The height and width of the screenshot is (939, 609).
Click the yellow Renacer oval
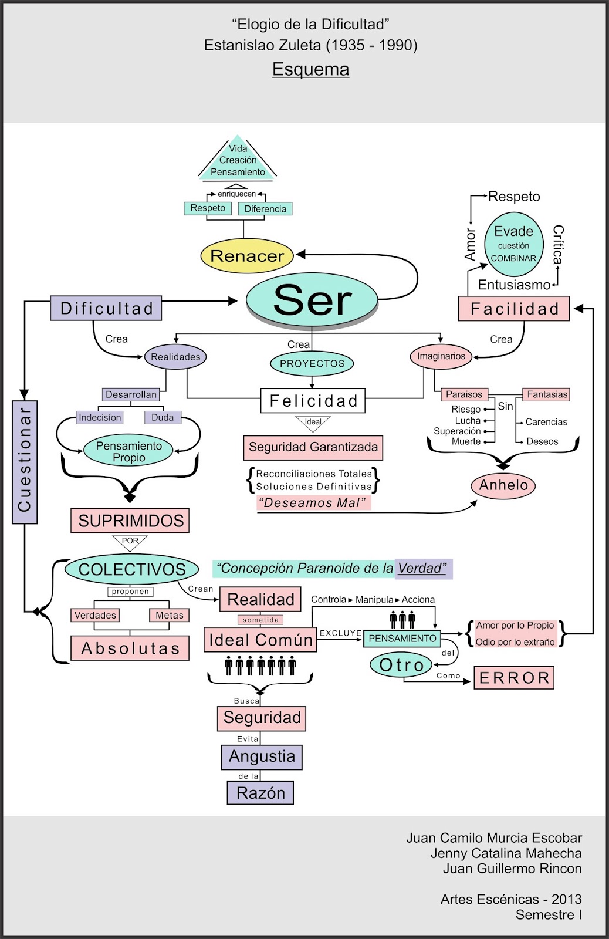[x=247, y=256]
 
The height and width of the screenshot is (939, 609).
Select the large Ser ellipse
[x=312, y=299]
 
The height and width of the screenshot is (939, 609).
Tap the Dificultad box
[x=106, y=308]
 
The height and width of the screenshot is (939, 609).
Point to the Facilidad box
[x=514, y=309]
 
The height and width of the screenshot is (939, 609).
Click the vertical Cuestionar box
[x=25, y=462]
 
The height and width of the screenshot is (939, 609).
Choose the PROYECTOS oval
[x=312, y=363]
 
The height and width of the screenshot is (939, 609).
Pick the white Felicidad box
[x=313, y=400]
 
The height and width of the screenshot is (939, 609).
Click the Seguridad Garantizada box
[x=313, y=447]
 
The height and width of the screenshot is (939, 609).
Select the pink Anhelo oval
[x=503, y=485]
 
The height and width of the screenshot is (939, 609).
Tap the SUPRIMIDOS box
[x=130, y=521]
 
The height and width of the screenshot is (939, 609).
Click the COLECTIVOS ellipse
[x=131, y=569]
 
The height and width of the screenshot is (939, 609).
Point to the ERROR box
[x=514, y=678]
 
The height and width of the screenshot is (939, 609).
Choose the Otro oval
[x=401, y=664]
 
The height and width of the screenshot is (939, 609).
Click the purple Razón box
[x=260, y=793]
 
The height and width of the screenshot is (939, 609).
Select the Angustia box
[x=262, y=756]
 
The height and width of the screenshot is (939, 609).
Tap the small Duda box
[x=163, y=417]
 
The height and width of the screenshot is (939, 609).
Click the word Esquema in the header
[x=310, y=69]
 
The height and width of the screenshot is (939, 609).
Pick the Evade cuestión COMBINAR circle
[x=514, y=244]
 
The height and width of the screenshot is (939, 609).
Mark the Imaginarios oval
[x=441, y=356]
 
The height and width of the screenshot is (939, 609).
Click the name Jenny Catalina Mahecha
[x=506, y=853]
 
